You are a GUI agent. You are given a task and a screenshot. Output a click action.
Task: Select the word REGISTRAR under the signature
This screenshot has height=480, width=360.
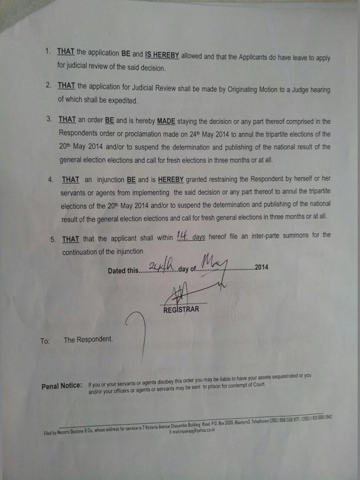point(181,309)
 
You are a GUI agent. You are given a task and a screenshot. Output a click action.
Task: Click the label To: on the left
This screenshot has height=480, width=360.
point(45,341)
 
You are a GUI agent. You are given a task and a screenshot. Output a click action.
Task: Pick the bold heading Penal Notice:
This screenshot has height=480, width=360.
point(62,386)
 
